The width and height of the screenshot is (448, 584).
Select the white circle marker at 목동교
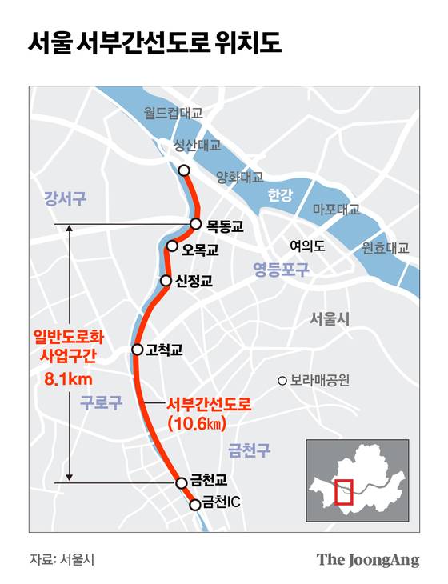click(195, 225)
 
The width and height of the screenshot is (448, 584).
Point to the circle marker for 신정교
click(166, 281)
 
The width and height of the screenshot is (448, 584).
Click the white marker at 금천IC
click(194, 504)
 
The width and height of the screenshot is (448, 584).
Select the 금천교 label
click(209, 482)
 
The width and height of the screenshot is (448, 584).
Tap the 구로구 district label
click(101, 403)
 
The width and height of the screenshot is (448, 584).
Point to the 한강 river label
click(281, 194)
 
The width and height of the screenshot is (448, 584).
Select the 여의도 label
click(307, 246)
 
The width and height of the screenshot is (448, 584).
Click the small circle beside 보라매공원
click(282, 381)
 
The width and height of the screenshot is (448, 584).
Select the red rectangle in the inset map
click(344, 490)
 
